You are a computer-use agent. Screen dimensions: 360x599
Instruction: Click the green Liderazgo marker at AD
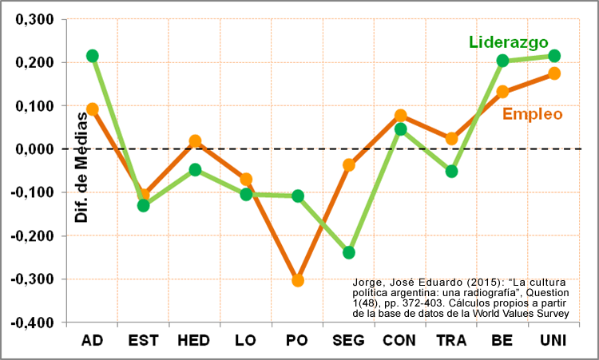[93, 56]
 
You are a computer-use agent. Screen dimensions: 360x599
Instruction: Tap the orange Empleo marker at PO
[298, 280]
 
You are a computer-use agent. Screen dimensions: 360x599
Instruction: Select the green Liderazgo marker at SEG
[349, 252]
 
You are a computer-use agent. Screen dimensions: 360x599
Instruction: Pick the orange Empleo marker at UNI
[554, 73]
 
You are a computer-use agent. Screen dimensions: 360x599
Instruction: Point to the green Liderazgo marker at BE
[503, 61]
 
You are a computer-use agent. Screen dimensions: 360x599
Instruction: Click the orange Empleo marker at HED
[195, 141]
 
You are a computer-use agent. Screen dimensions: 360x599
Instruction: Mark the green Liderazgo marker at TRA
[452, 171]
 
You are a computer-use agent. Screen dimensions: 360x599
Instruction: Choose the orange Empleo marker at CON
[401, 116]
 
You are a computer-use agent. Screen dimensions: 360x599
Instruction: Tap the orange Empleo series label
[533, 114]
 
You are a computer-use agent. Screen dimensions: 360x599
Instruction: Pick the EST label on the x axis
[144, 341]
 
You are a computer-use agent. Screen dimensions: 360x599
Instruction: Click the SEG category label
[348, 341]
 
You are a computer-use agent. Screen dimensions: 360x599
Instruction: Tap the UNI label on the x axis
[553, 341]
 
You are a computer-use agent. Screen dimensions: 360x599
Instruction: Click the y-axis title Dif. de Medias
[80, 168]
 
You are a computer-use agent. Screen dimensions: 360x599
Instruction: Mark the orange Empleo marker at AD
[93, 109]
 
